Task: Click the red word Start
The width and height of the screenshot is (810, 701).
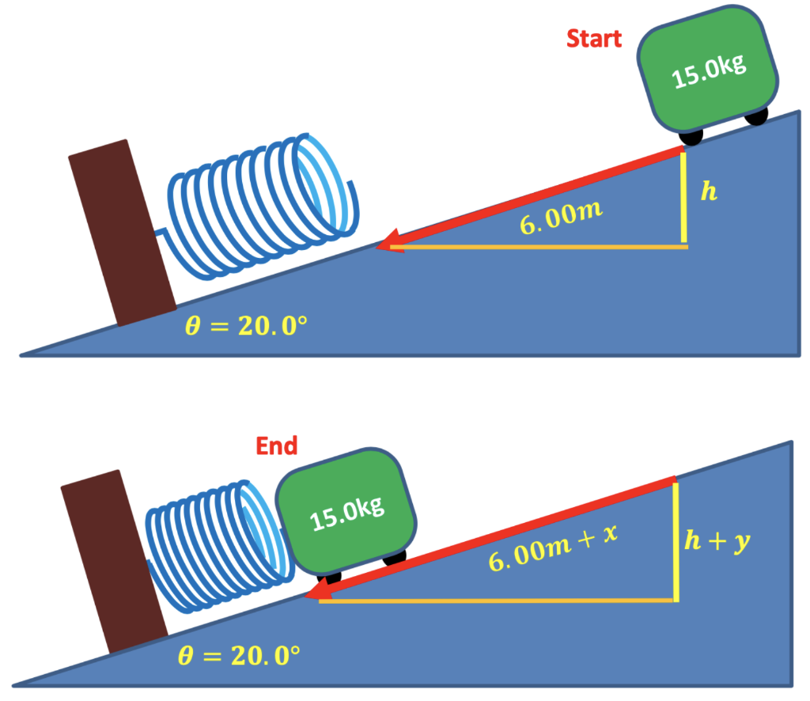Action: coord(594,38)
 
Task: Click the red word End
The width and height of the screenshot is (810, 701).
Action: coord(276,446)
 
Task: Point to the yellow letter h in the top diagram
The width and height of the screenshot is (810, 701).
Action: coord(709,192)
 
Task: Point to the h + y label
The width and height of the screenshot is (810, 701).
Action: coord(716,542)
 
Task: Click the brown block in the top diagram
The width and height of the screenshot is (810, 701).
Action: coord(121,233)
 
